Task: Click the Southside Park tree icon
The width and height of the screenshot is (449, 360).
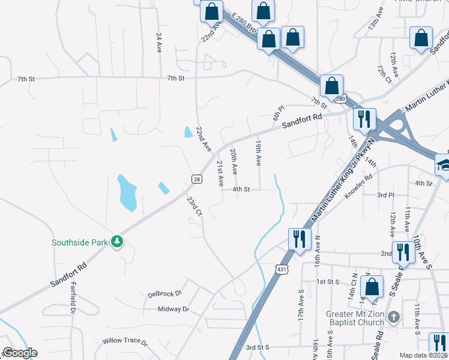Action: [117, 242]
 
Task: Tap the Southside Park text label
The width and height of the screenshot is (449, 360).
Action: [79, 242]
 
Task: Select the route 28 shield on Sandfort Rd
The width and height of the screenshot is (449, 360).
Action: [197, 179]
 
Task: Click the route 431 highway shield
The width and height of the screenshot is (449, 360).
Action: [282, 269]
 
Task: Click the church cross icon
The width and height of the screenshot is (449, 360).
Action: [393, 316]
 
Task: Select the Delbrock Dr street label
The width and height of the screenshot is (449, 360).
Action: [164, 294]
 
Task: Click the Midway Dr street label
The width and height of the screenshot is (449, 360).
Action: [173, 309]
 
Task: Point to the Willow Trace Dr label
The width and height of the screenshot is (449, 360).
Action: [125, 341]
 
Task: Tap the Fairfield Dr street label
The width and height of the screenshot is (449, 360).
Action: [73, 298]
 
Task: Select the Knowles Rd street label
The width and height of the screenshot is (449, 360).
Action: [358, 186]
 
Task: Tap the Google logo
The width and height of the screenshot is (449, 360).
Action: [20, 352]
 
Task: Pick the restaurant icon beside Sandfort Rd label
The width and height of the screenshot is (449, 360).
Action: [364, 119]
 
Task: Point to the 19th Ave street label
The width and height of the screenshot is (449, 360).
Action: [258, 154]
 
